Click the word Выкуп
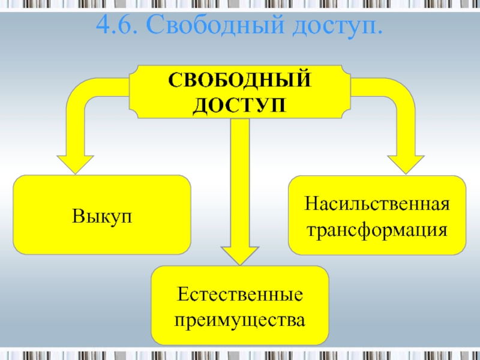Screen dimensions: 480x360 pos(102,215)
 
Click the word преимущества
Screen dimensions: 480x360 pos(240,320)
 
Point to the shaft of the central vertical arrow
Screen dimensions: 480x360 pos(240,180)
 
